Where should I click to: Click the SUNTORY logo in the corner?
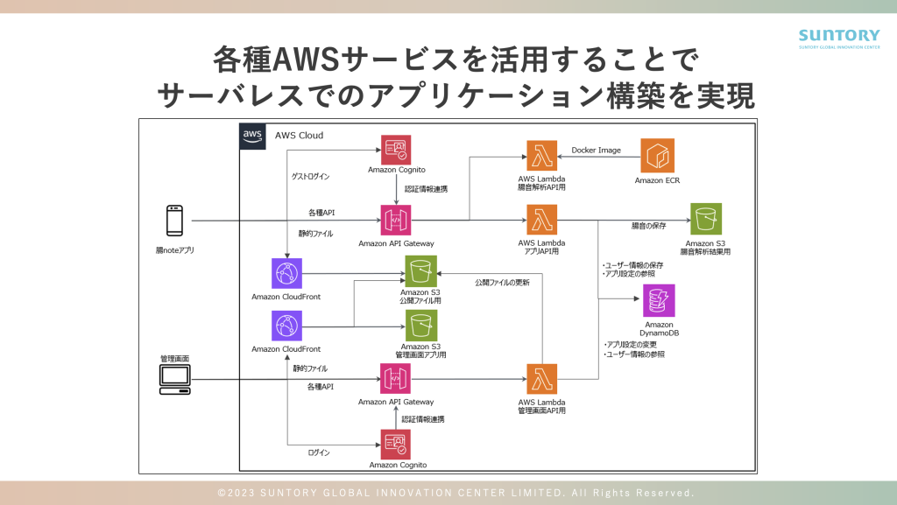pyautogui.click(x=838, y=39)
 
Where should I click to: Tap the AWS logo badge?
pyautogui.click(x=252, y=136)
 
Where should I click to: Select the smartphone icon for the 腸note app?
pyautogui.click(x=174, y=221)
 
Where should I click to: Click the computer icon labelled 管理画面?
pyautogui.click(x=174, y=379)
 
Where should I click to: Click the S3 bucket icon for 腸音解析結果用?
pyautogui.click(x=706, y=219)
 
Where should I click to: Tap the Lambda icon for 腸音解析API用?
pyautogui.click(x=542, y=155)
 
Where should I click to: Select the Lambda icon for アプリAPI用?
pyautogui.click(x=542, y=220)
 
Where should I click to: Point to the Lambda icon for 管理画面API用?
pyautogui.click(x=542, y=379)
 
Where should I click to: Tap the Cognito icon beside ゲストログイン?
pyautogui.click(x=396, y=151)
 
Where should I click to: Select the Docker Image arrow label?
pyautogui.click(x=596, y=151)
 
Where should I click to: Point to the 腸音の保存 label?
pyautogui.click(x=648, y=226)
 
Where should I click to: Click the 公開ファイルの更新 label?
pyautogui.click(x=502, y=283)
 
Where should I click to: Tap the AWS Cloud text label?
pyautogui.click(x=300, y=136)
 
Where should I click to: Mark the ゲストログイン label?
pyautogui.click(x=310, y=177)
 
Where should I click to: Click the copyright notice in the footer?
pyautogui.click(x=456, y=493)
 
